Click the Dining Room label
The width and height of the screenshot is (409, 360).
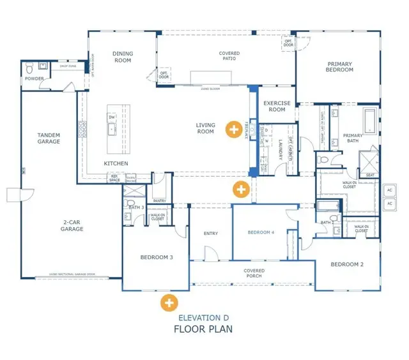[121, 57]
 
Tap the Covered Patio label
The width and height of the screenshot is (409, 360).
[229, 57]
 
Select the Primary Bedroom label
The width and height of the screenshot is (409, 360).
[339, 67]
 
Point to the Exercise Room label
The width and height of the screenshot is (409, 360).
[277, 106]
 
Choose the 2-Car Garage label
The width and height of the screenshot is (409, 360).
[72, 226]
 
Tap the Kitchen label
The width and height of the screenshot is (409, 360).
[116, 164]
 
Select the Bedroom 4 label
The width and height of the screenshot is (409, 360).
[261, 233]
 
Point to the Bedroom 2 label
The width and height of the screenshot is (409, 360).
[347, 264]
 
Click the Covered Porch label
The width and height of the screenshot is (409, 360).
[254, 273]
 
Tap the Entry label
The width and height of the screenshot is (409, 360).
[210, 234]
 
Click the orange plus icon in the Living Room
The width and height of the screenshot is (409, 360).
[235, 130]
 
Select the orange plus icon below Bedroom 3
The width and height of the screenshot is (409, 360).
[169, 302]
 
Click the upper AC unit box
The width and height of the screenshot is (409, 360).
[389, 190]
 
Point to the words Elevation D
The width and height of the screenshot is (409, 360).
[204, 318]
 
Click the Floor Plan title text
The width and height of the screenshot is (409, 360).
[204, 329]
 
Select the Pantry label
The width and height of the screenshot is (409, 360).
[160, 200]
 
